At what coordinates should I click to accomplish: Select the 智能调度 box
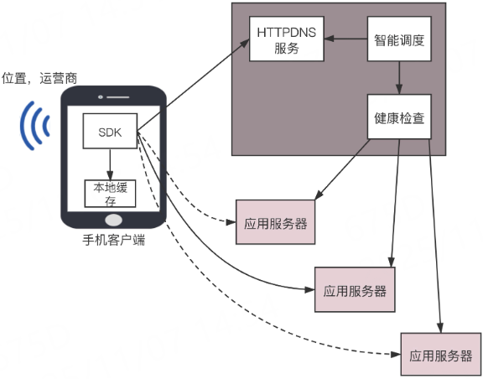(x=400, y=39)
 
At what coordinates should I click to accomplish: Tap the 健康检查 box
(x=400, y=117)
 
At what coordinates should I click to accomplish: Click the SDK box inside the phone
(x=108, y=132)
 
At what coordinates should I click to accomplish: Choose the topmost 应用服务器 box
(x=276, y=223)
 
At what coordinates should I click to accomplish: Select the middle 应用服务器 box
(x=354, y=290)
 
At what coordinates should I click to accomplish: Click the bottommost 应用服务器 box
(x=441, y=355)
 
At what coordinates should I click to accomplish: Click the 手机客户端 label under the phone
(x=113, y=241)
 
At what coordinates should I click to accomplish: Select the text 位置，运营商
(x=41, y=76)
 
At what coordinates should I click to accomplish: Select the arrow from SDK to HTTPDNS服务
(x=193, y=85)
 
